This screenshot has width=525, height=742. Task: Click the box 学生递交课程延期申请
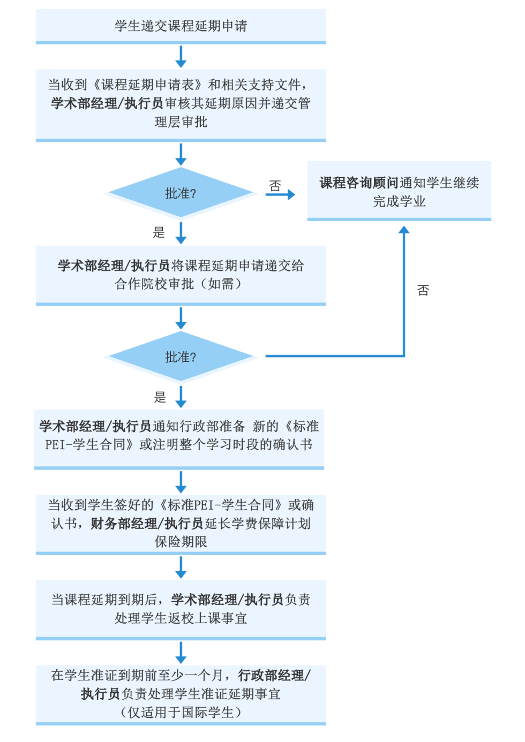pos(181,26)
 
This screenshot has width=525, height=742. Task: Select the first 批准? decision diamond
pos(181,194)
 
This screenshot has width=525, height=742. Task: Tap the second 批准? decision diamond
pos(181,357)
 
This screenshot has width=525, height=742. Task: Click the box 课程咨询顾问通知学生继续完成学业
pos(399,191)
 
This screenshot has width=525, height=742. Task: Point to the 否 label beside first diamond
pos(275,186)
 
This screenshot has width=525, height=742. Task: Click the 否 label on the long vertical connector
pos(423,290)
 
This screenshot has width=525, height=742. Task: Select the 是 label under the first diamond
pos(159,232)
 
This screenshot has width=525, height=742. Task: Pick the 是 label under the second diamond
pos(160,397)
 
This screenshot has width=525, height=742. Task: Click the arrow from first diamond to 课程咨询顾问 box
pos(281,194)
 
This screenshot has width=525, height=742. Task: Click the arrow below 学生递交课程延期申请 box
pos(181,56)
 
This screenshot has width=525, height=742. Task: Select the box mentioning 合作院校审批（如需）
pos(181,275)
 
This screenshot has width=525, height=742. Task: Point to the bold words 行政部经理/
pos(274,676)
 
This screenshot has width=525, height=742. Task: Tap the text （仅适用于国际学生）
pos(181,713)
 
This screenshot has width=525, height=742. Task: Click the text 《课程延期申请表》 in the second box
pos(147,85)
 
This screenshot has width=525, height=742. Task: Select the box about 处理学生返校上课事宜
pos(181,609)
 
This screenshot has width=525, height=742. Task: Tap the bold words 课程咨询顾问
pos(359,183)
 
